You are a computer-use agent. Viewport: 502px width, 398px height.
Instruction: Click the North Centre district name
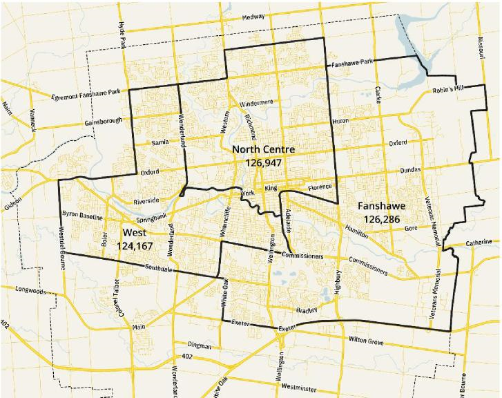[x=264, y=149]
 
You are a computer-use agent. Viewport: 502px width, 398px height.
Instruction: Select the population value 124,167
[x=135, y=245]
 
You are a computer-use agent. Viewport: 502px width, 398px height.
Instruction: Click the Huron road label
[x=341, y=120]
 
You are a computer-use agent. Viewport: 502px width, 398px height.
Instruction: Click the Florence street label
[x=320, y=187]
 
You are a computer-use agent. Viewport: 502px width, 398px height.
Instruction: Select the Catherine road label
[x=479, y=243]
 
